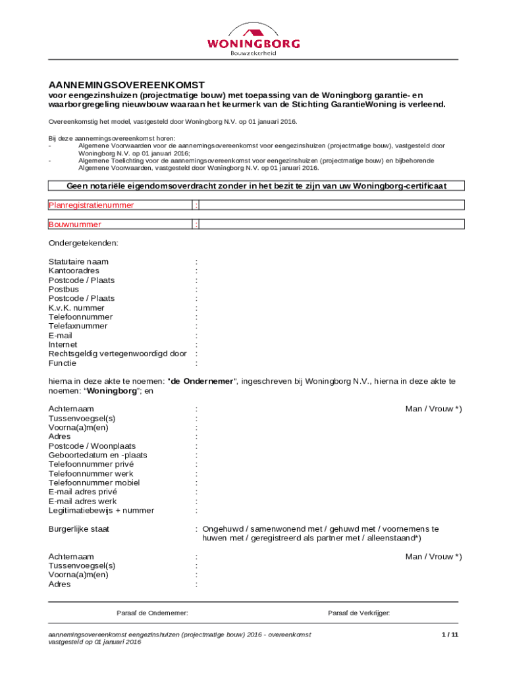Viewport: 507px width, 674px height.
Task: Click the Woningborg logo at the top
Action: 254,39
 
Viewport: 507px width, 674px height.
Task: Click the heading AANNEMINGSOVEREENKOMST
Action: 126,85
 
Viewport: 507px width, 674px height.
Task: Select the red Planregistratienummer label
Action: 91,205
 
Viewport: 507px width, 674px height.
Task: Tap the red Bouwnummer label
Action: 75,224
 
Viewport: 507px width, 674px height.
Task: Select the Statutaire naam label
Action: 78,262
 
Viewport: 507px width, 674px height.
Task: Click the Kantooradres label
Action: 74,271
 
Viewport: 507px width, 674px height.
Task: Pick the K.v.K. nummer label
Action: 76,308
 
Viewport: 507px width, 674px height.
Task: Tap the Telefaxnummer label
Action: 78,326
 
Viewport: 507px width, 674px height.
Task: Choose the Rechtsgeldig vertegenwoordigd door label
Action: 117,354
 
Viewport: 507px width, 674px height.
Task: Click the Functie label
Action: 63,363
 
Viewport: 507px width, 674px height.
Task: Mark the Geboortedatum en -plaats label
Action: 98,455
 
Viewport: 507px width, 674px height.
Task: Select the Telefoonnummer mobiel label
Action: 94,483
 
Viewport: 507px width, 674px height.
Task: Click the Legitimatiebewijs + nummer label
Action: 101,511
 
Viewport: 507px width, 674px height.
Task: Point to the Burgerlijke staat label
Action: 79,529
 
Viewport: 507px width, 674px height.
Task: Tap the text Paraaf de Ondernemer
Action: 152,613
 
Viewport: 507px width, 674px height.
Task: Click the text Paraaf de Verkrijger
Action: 359,613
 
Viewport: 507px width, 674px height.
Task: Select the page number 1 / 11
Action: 450,635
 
